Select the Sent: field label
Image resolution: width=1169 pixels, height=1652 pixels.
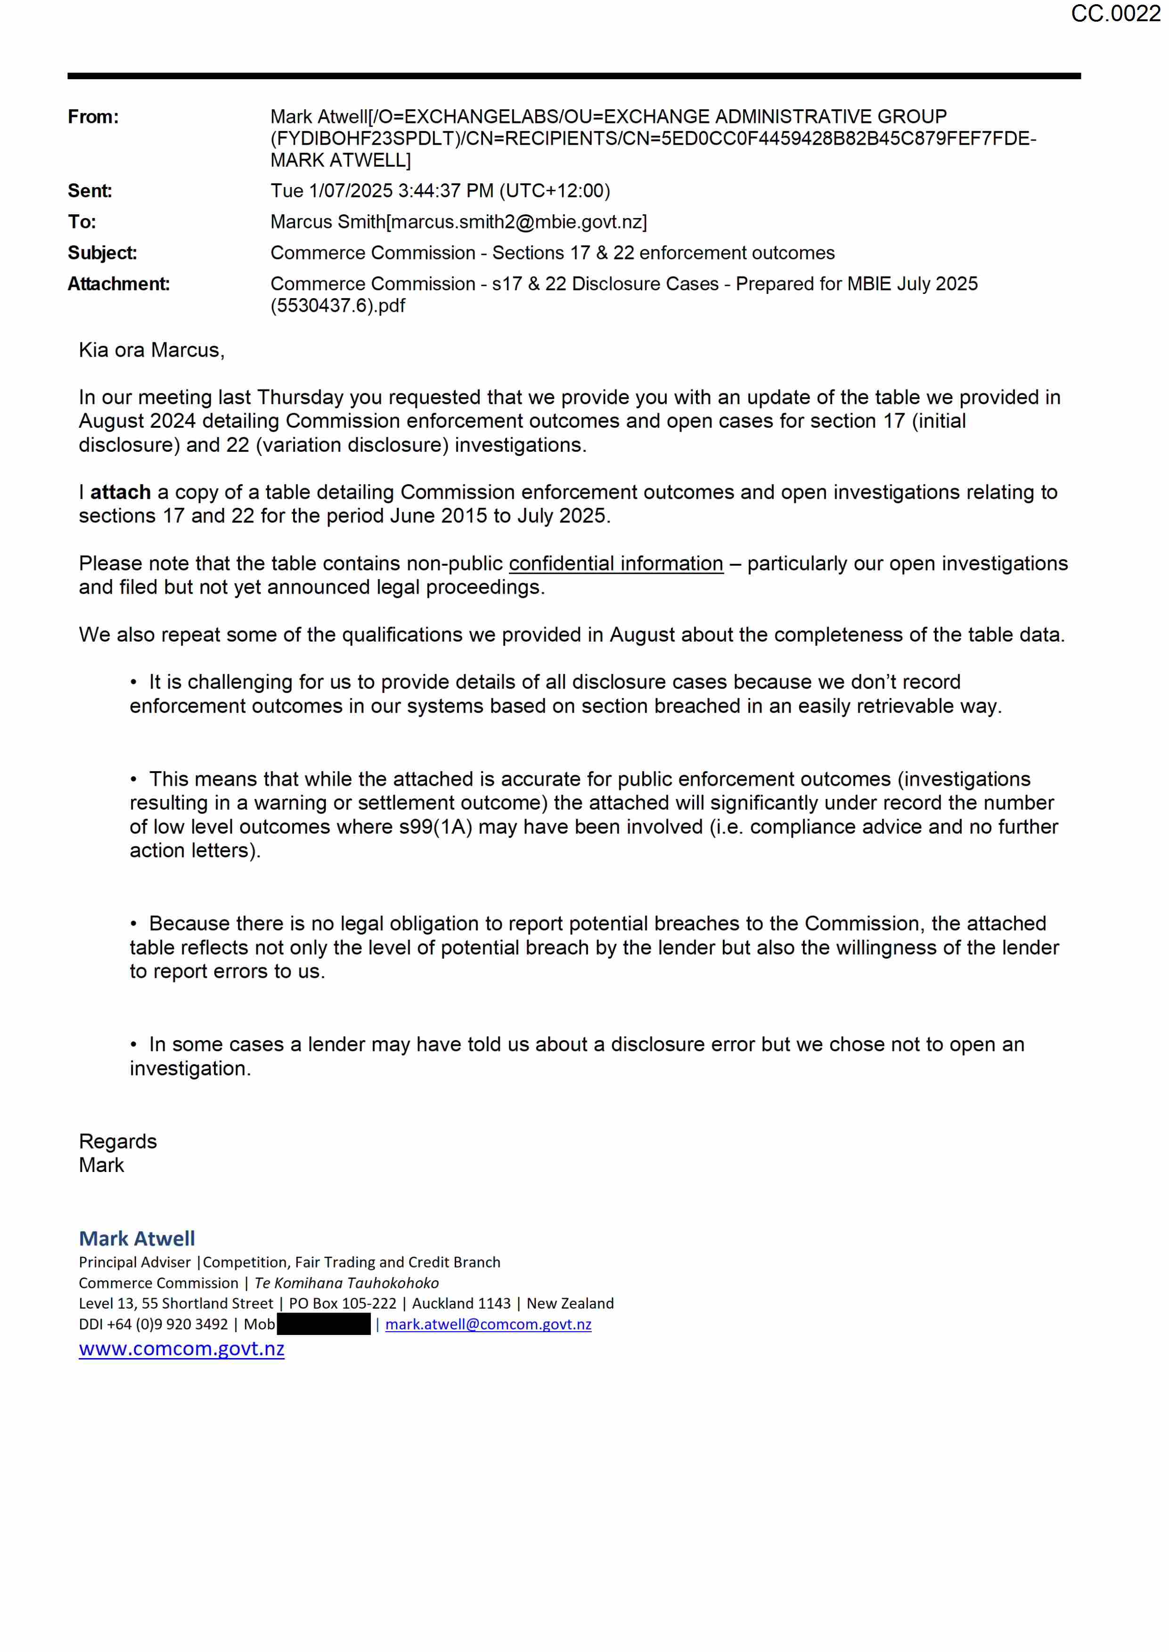90,191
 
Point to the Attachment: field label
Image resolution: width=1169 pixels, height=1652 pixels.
119,284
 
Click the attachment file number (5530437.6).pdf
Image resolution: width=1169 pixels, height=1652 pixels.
337,306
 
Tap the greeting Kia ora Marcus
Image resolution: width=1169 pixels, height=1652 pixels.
151,350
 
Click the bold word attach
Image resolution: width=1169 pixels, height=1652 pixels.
120,492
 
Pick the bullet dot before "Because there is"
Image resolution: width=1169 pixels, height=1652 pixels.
134,924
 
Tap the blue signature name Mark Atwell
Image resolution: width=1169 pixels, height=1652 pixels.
137,1238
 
